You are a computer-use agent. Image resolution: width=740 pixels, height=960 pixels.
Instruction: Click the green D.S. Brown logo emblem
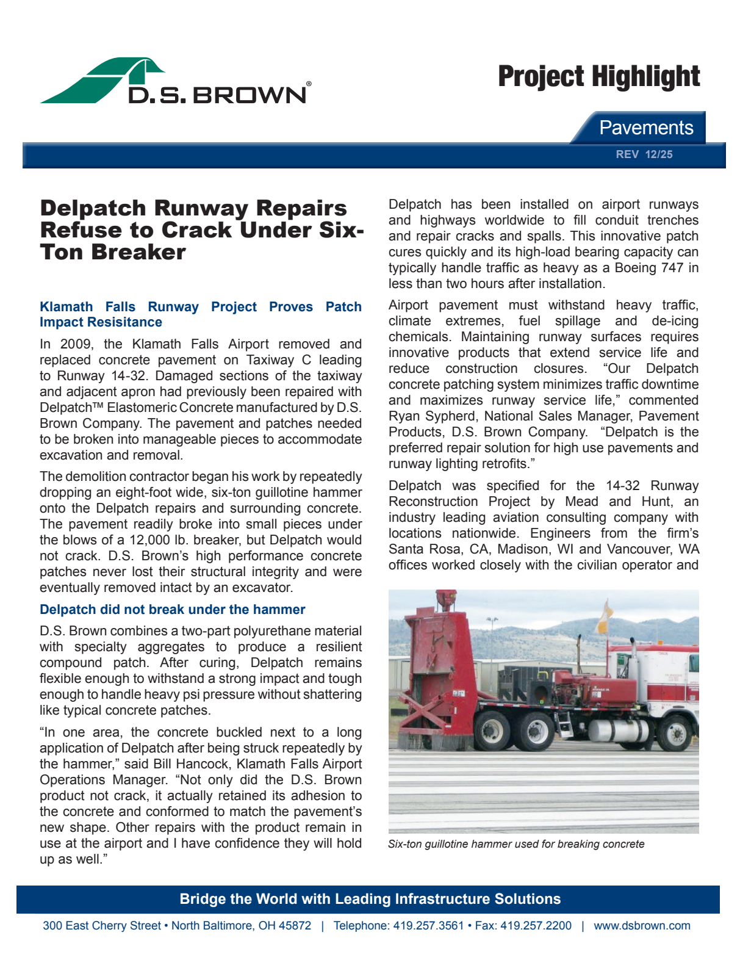(x=104, y=81)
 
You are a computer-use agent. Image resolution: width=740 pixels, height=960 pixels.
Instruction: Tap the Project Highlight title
(x=598, y=78)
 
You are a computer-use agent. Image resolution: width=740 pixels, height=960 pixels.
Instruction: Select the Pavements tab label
(x=645, y=128)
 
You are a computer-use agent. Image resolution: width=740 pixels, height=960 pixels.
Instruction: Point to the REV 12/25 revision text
(x=644, y=154)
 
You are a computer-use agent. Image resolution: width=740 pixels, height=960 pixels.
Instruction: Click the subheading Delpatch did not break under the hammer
(x=172, y=609)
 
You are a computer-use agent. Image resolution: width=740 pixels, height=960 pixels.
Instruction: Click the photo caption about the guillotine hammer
(x=516, y=844)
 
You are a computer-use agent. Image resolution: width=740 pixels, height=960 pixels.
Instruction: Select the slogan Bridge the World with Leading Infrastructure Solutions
(x=370, y=899)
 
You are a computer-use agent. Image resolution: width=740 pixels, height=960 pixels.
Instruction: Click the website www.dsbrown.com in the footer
(x=642, y=926)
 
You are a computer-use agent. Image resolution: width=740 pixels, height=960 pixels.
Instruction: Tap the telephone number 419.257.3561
(x=428, y=926)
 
